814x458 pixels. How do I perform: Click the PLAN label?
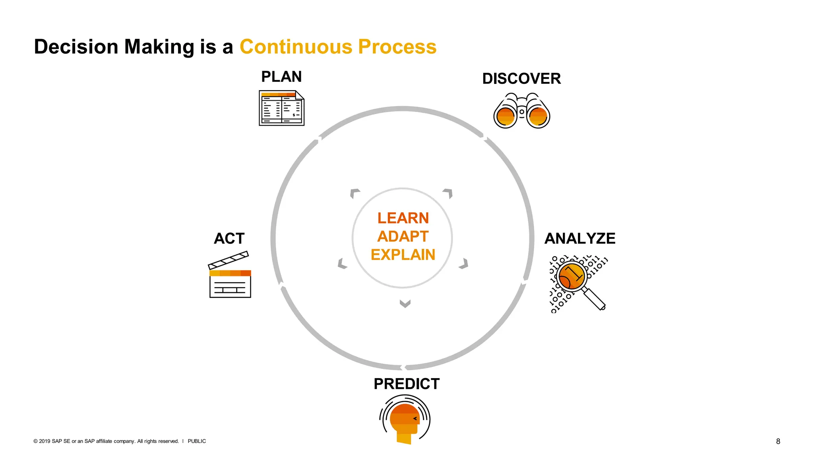[x=281, y=77]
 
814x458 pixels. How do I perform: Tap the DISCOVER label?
[x=521, y=79]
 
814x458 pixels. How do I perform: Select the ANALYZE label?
[x=579, y=239]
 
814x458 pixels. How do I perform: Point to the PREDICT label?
[x=406, y=384]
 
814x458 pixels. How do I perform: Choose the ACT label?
[x=229, y=239]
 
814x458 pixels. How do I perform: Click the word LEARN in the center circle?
[x=403, y=218]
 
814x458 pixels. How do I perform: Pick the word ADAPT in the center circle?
[x=403, y=237]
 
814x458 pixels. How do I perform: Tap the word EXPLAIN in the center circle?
[x=403, y=255]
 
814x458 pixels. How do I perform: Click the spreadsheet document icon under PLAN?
[x=281, y=108]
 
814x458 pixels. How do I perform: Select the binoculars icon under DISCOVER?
[x=521, y=111]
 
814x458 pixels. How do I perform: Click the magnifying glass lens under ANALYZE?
[x=571, y=276]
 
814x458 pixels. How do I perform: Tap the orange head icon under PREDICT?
[x=405, y=420]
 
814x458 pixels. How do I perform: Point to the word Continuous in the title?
[x=296, y=47]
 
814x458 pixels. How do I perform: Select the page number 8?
[x=778, y=441]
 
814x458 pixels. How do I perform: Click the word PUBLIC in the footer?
[x=197, y=441]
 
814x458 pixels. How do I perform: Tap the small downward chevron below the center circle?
[x=405, y=304]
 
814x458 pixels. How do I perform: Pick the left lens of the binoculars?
[x=506, y=116]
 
